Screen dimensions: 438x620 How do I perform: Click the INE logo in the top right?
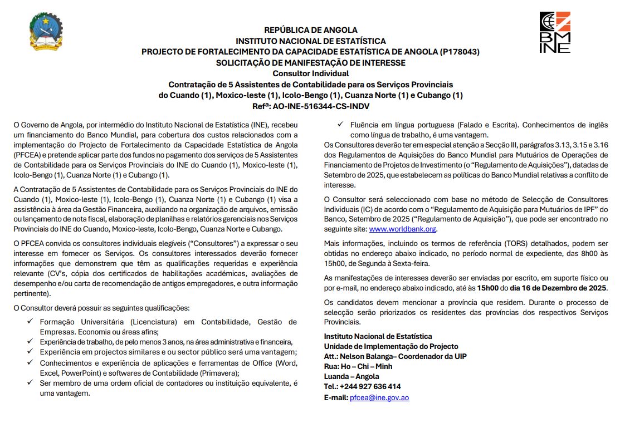pos(555,32)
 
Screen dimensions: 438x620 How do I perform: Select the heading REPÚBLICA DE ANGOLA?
pos(310,30)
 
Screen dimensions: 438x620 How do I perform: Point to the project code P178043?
pos(459,52)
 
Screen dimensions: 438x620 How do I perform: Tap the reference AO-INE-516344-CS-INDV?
pos(326,106)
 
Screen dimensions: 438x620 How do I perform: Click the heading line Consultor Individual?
pos(310,73)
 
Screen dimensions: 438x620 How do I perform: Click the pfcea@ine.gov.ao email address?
pos(379,398)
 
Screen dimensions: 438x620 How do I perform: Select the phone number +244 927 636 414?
pos(370,387)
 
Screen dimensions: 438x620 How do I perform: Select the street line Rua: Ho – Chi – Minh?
pos(358,366)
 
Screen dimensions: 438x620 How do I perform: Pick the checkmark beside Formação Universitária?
pos(30,322)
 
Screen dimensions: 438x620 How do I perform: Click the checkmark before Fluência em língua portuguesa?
pos(340,125)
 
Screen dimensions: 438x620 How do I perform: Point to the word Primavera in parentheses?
pos(219,373)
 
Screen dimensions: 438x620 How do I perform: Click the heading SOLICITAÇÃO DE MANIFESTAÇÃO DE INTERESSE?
pos(310,63)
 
